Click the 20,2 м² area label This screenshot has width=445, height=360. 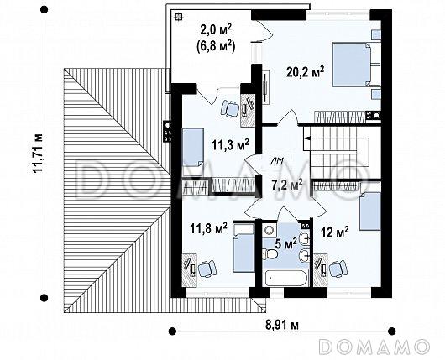click(305, 72)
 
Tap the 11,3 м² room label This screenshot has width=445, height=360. click(230, 144)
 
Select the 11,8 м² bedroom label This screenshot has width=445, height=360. click(208, 228)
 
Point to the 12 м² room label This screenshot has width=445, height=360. click(335, 232)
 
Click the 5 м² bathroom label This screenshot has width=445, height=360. click(286, 243)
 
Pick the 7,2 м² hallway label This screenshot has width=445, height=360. click(287, 185)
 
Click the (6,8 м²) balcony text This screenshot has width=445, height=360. click(216, 47)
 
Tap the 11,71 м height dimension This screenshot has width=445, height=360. click(37, 154)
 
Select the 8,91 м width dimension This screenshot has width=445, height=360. click(282, 325)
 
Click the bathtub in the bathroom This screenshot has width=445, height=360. click(285, 278)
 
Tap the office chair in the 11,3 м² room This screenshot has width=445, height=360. click(230, 108)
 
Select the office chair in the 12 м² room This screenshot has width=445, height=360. click(338, 269)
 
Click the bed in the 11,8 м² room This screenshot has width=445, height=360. click(243, 248)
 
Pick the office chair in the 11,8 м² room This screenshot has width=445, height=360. click(207, 269)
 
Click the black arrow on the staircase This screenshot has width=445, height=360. click(307, 138)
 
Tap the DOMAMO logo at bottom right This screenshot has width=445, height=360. click(374, 347)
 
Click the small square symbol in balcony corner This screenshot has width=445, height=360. click(178, 17)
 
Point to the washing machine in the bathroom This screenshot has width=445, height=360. click(269, 230)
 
